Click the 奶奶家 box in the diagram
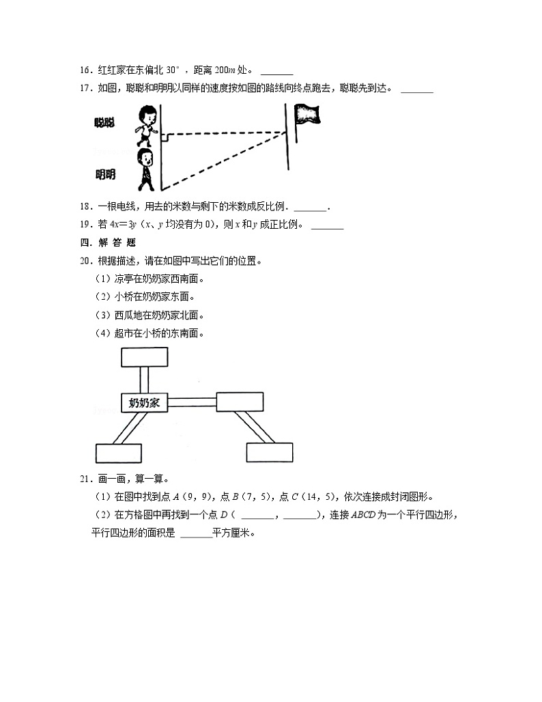click(144, 403)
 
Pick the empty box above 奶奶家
click(144, 357)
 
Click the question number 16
click(86, 70)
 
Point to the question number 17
click(86, 88)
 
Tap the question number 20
click(86, 260)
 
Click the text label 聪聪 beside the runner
click(105, 123)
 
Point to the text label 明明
click(105, 175)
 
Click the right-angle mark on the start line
click(164, 139)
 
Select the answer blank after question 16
click(276, 70)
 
